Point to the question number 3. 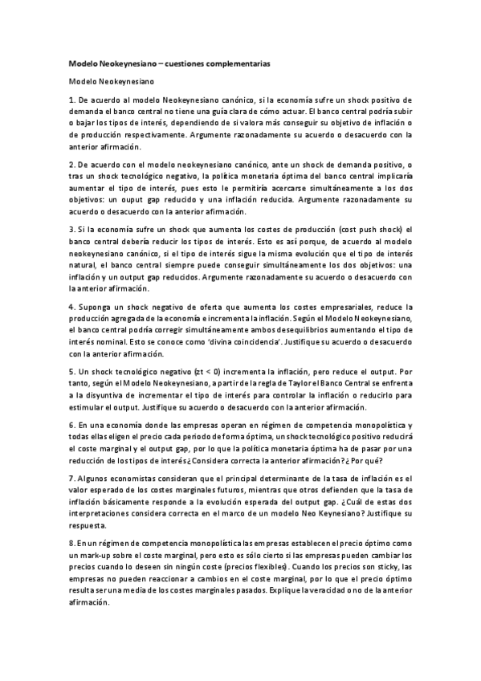71,229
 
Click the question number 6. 71,424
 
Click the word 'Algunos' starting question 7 93,479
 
